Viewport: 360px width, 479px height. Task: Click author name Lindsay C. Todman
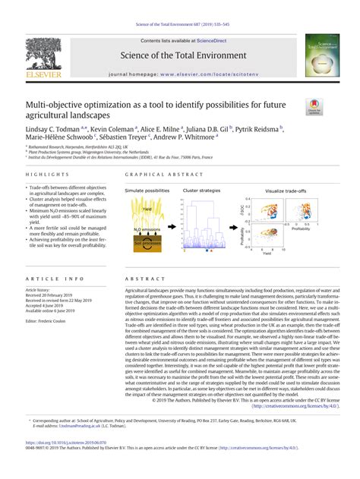point(57,129)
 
